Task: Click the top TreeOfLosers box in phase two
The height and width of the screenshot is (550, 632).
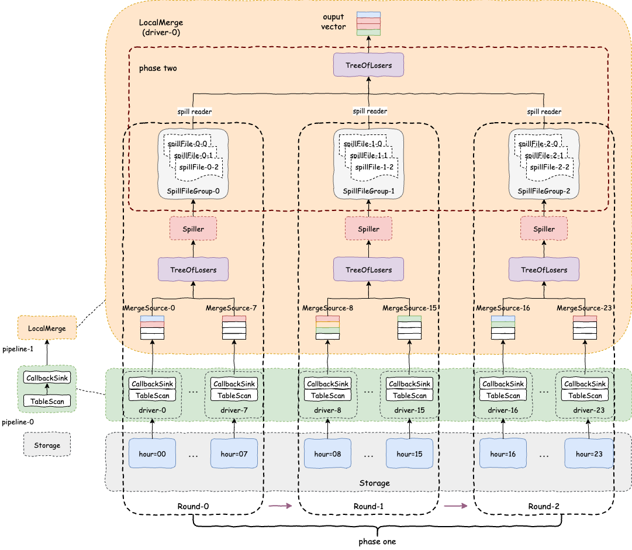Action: [368, 65]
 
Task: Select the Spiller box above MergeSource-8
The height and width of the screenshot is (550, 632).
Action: [368, 229]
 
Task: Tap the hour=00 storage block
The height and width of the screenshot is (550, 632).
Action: [152, 454]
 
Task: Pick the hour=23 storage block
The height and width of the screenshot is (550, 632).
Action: [588, 454]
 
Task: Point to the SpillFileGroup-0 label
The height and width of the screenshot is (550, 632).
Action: [193, 191]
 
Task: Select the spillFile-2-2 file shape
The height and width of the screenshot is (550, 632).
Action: [550, 168]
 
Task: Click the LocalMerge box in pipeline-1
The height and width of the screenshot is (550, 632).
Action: [47, 328]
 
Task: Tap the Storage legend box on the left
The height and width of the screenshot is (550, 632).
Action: [47, 445]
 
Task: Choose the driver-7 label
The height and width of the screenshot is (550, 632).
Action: [234, 409]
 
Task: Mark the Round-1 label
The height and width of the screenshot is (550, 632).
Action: [368, 506]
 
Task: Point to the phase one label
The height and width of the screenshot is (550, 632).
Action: [377, 542]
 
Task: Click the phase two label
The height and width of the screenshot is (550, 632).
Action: [158, 68]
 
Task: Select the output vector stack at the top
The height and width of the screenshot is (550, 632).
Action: [368, 24]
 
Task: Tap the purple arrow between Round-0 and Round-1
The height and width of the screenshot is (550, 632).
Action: [281, 506]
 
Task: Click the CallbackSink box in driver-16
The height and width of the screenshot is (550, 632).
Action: [503, 384]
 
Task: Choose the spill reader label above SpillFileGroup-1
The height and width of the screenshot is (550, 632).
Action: [370, 111]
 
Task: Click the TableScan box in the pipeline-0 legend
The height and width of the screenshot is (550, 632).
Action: [47, 401]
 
